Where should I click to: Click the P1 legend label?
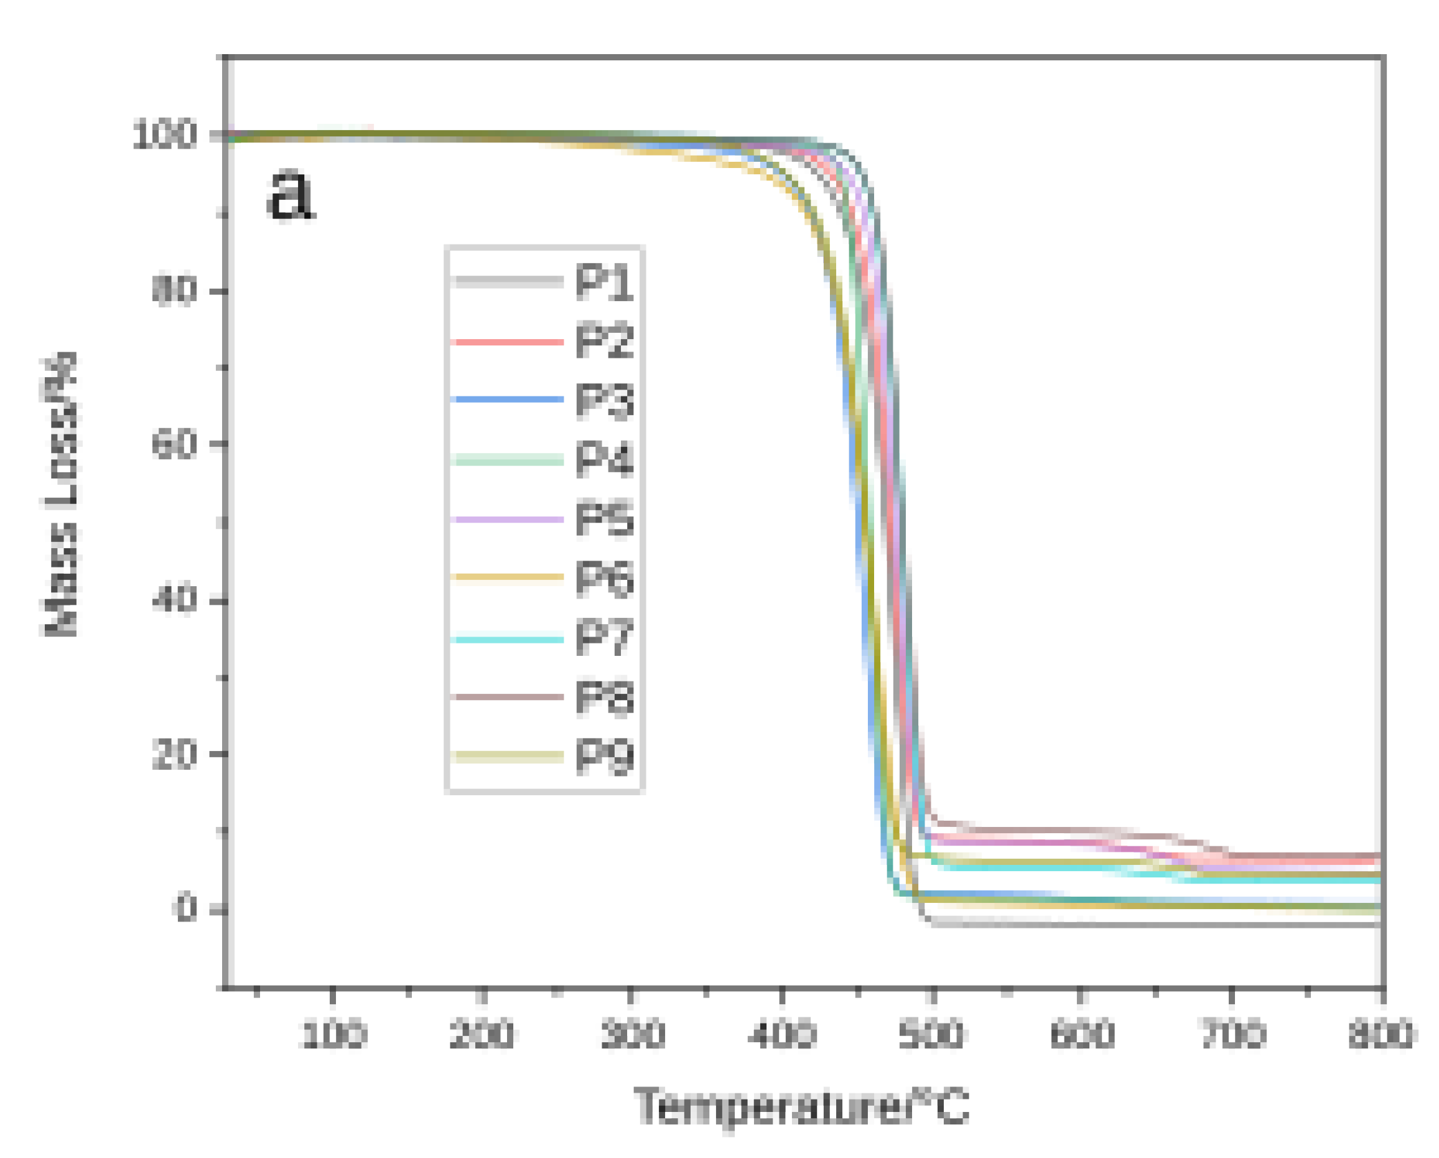604,282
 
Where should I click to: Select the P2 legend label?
604,341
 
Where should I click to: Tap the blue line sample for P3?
507,399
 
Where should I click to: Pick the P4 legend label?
604,459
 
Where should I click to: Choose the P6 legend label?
604,578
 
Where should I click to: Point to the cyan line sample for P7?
507,640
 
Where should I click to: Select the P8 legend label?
604,698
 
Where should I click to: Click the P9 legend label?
604,757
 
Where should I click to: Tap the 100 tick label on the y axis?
164,136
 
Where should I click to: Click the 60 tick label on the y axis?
174,444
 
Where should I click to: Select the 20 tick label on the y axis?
174,755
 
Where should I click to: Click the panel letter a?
290,194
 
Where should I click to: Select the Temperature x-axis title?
801,1106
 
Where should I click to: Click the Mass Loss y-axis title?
60,494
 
